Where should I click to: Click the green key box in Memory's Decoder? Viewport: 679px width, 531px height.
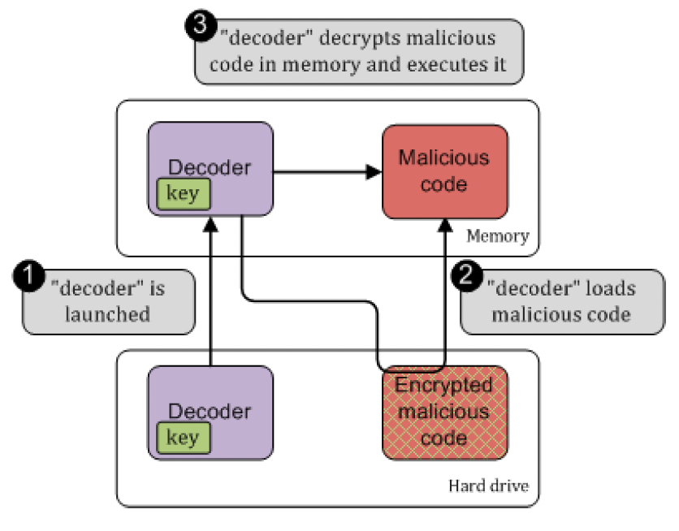[x=183, y=195]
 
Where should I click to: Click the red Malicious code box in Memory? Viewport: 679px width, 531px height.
[x=444, y=171]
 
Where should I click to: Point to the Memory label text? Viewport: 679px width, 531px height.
[x=497, y=237]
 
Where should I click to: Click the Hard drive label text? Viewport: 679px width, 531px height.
[x=489, y=486]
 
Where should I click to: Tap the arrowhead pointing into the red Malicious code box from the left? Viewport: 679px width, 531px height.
[x=374, y=171]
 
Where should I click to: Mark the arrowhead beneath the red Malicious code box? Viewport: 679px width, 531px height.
[x=444, y=225]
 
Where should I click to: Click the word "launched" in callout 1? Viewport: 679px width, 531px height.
[x=107, y=314]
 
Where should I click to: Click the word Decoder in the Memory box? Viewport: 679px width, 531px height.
[x=210, y=168]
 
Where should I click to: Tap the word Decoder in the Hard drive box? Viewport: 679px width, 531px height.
[x=210, y=412]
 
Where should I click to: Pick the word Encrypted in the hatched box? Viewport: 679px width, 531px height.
[x=444, y=385]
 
